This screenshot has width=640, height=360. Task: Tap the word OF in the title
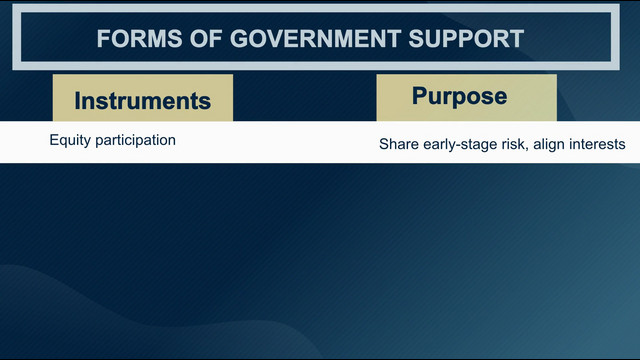point(206,39)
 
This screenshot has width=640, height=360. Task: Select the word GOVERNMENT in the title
point(315,39)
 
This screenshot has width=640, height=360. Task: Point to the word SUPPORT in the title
point(466,39)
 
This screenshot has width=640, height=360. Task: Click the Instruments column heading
point(142,101)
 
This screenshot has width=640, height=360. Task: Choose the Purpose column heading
point(459,97)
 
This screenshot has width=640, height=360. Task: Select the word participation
point(136,140)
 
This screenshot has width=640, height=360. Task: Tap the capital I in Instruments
point(77,101)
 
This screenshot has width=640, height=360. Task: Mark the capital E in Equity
point(53,140)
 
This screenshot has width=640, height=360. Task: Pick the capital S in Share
point(384,144)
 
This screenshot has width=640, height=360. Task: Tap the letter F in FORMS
point(103,39)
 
